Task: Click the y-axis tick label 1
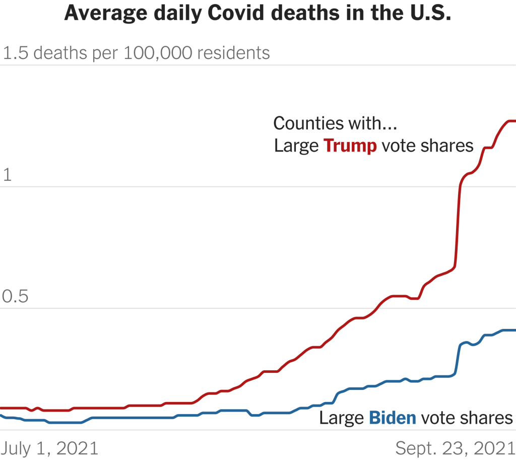click(x=7, y=175)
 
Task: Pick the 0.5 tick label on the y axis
click(x=15, y=297)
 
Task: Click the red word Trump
click(x=350, y=146)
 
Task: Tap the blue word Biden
click(x=393, y=418)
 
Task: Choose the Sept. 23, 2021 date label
click(x=455, y=448)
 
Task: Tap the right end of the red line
click(x=513, y=121)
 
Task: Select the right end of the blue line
click(x=513, y=330)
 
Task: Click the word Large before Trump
click(x=296, y=146)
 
